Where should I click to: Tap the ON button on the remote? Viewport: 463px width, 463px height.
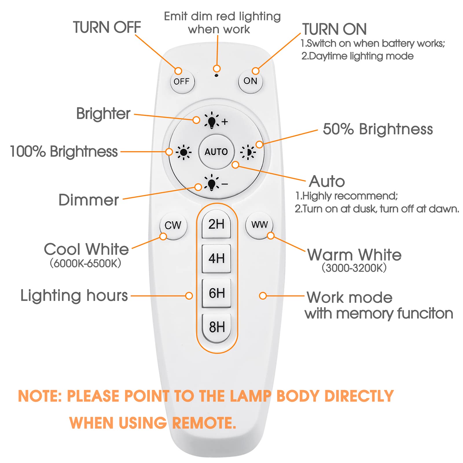[x=250, y=81]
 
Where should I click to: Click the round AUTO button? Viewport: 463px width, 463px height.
[x=216, y=152]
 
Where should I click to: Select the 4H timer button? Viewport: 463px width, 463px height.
[x=216, y=258]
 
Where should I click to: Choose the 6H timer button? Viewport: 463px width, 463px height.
[x=216, y=293]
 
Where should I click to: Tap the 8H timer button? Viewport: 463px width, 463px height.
[x=216, y=327]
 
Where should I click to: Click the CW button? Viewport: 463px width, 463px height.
[x=173, y=225]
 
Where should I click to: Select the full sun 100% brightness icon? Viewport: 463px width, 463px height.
[x=183, y=152]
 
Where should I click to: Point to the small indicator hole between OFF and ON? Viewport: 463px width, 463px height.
[x=216, y=76]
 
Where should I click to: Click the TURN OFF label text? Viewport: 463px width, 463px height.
[x=107, y=27]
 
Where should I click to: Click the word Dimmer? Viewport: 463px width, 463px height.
[x=89, y=200]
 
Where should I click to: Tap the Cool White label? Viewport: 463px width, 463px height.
[x=86, y=249]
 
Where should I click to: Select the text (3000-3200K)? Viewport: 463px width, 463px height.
[x=354, y=268]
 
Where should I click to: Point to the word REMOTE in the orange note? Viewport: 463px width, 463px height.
[x=204, y=423]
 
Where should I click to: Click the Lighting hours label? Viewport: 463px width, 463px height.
[x=74, y=296]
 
